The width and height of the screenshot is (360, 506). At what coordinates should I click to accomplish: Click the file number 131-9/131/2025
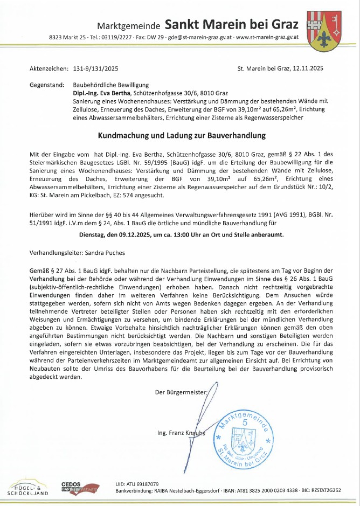(95, 68)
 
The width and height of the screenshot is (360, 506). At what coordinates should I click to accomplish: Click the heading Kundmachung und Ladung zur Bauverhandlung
(181, 135)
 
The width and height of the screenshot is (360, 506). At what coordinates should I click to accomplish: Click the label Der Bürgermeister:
(181, 392)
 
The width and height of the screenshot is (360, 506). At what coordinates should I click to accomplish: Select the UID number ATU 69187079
(143, 483)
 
